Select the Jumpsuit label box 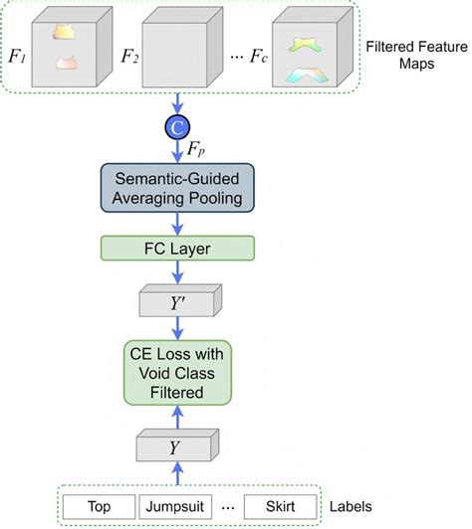point(177,505)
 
